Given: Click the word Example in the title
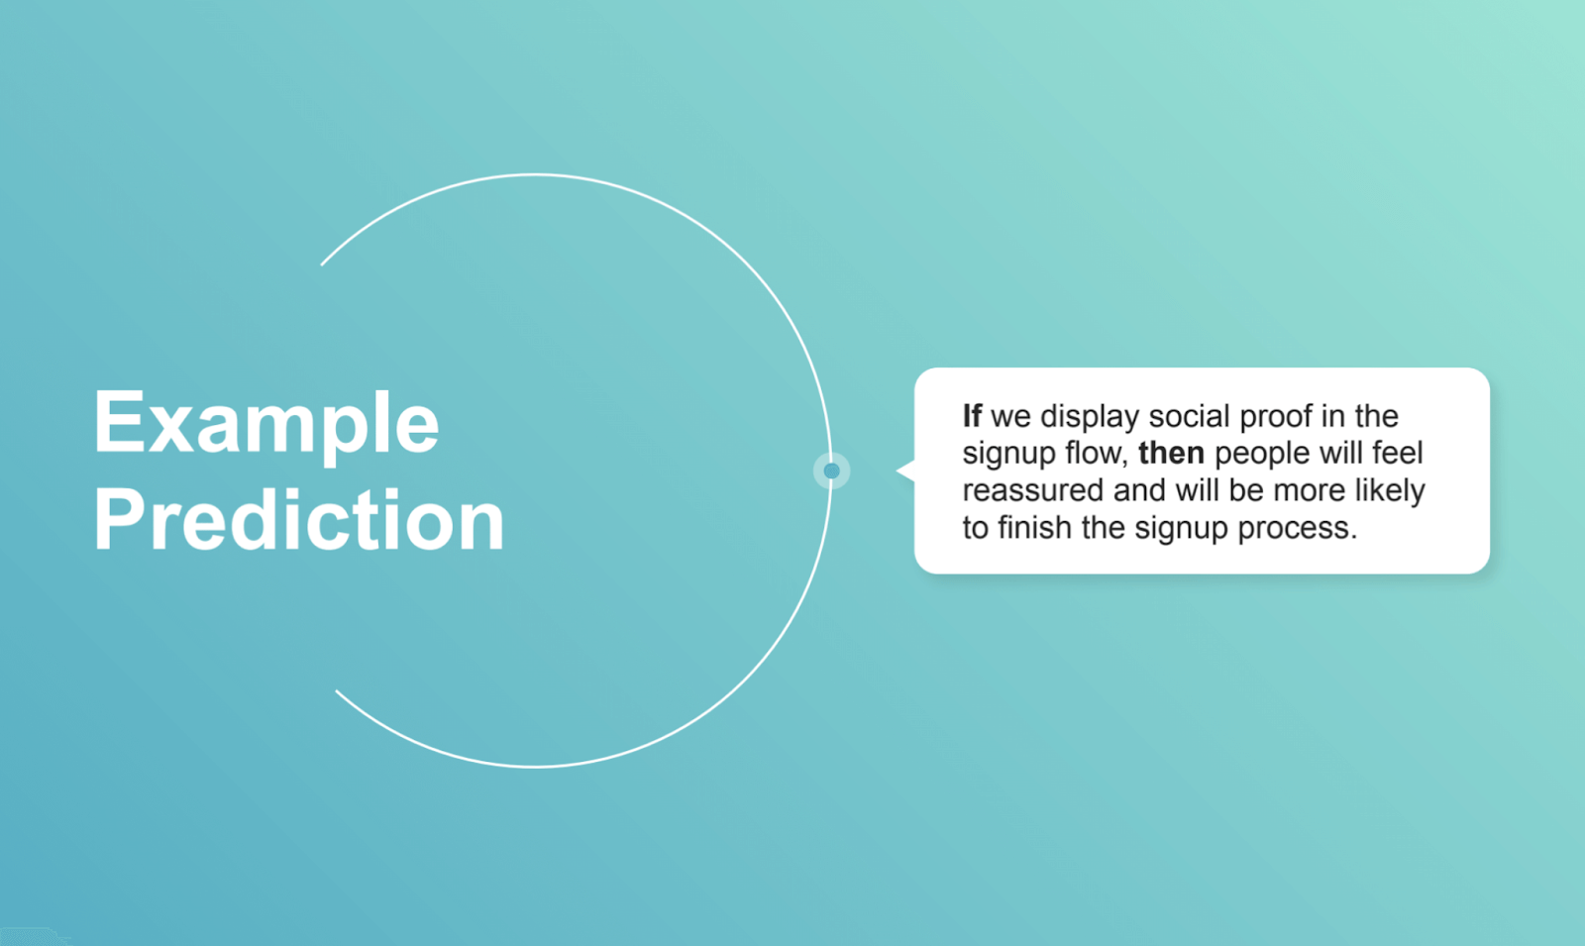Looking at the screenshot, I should (265, 424).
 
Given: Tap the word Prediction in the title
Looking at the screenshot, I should (299, 520).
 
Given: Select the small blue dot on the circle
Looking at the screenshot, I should (831, 471).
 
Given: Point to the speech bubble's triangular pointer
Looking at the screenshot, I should (904, 471).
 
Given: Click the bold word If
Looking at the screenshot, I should (972, 416).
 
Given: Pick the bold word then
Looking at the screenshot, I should (1171, 454).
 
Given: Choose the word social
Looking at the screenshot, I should (1189, 416).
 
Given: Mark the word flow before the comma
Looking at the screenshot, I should (1095, 454).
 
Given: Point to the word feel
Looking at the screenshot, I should (1397, 453).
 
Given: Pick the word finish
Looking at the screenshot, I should (1035, 527).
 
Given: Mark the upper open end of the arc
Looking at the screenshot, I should (322, 264).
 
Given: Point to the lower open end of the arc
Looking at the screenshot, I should (337, 690).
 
